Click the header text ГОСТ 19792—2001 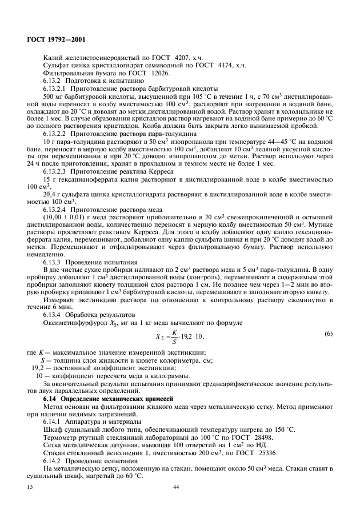pos(53,41)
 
